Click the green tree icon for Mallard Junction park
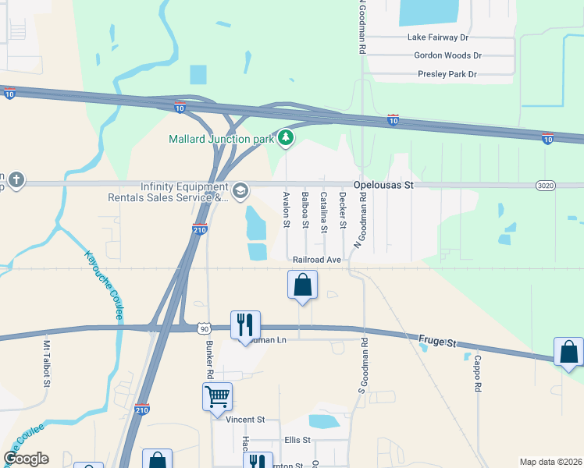287,139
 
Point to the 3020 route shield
546,185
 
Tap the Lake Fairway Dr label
437,37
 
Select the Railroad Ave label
317,259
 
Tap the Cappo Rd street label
478,374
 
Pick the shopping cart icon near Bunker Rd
217,395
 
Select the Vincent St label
245,420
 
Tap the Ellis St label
297,440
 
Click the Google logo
26,459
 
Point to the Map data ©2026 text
550,462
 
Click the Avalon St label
286,210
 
